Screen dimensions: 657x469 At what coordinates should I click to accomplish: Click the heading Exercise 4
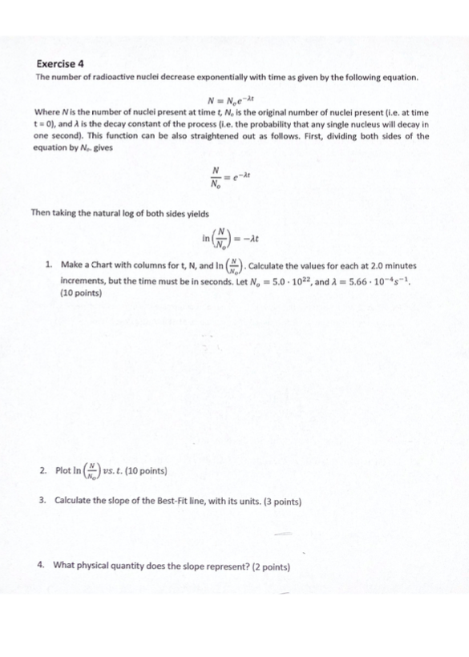[x=61, y=62]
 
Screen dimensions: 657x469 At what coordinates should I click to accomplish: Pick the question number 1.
[x=49, y=262]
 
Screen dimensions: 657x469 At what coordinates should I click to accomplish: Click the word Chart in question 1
[x=104, y=262]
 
